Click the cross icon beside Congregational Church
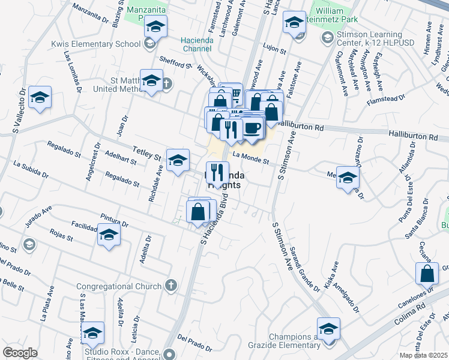tap(170, 284)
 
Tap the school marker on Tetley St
tap(178, 160)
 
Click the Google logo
tap(20, 353)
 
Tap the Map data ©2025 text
tap(423, 355)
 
